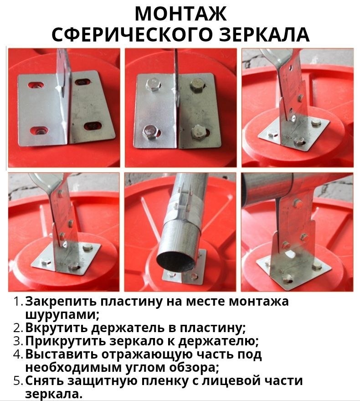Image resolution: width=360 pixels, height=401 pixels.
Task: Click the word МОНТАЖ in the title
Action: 180,14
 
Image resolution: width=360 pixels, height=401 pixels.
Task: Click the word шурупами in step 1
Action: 62,315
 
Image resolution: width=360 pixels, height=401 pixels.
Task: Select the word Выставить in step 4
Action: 62,354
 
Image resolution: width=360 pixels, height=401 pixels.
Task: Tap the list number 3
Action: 18,341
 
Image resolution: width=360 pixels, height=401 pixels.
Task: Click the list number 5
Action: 18,381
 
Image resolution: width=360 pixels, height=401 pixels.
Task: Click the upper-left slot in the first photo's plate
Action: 36,85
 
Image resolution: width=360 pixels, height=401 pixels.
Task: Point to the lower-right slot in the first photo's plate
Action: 93,125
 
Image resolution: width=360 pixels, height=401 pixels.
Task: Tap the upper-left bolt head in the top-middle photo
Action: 153,84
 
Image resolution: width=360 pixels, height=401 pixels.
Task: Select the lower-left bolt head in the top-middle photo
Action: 150,132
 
